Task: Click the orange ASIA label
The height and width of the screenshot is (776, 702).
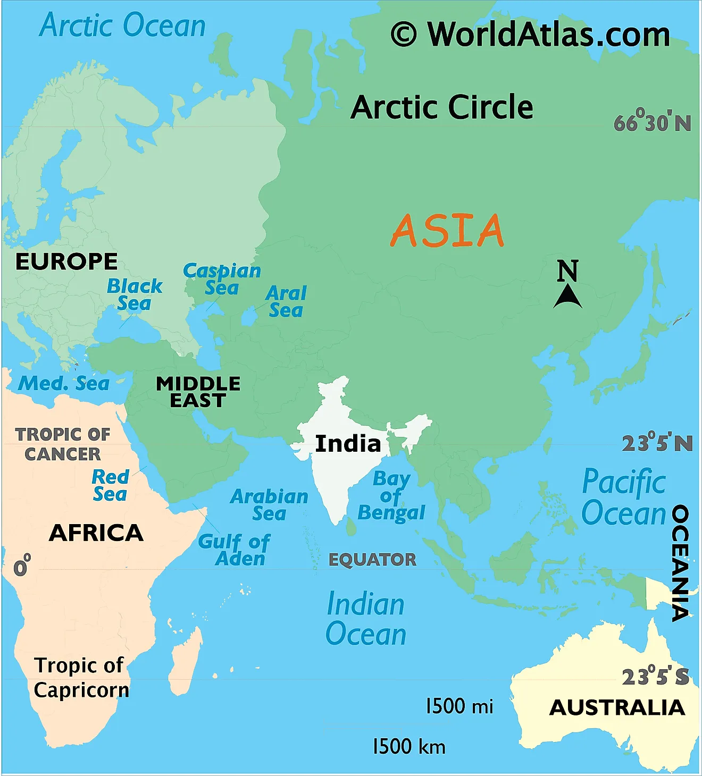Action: [x=447, y=231]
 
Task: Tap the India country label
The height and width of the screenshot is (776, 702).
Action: [x=348, y=444]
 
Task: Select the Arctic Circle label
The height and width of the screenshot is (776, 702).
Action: [x=442, y=107]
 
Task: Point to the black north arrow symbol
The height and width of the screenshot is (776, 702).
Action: [x=567, y=297]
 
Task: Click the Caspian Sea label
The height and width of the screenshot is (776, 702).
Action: [x=222, y=279]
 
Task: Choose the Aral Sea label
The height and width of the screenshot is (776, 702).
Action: [x=286, y=301]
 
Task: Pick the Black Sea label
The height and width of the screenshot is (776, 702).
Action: [x=135, y=294]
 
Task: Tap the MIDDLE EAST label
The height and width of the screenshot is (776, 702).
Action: [x=198, y=392]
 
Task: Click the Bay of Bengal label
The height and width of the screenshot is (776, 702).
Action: [x=391, y=496]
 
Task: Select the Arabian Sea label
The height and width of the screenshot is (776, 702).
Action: [x=269, y=505]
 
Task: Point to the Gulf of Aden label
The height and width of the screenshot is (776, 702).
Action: [x=234, y=550]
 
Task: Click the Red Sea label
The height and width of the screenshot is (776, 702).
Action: [x=110, y=485]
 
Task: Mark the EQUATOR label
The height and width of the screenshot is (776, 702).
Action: [x=372, y=560]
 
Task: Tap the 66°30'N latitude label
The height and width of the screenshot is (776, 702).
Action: [x=652, y=123]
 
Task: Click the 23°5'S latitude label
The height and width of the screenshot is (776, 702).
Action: [x=656, y=677]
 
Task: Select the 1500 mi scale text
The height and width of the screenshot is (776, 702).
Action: [x=459, y=706]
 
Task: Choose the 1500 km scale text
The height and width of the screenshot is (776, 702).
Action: [x=408, y=746]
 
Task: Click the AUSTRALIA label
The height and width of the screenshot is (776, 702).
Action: [x=617, y=707]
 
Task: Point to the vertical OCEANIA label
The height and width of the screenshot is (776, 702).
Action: [x=680, y=563]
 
